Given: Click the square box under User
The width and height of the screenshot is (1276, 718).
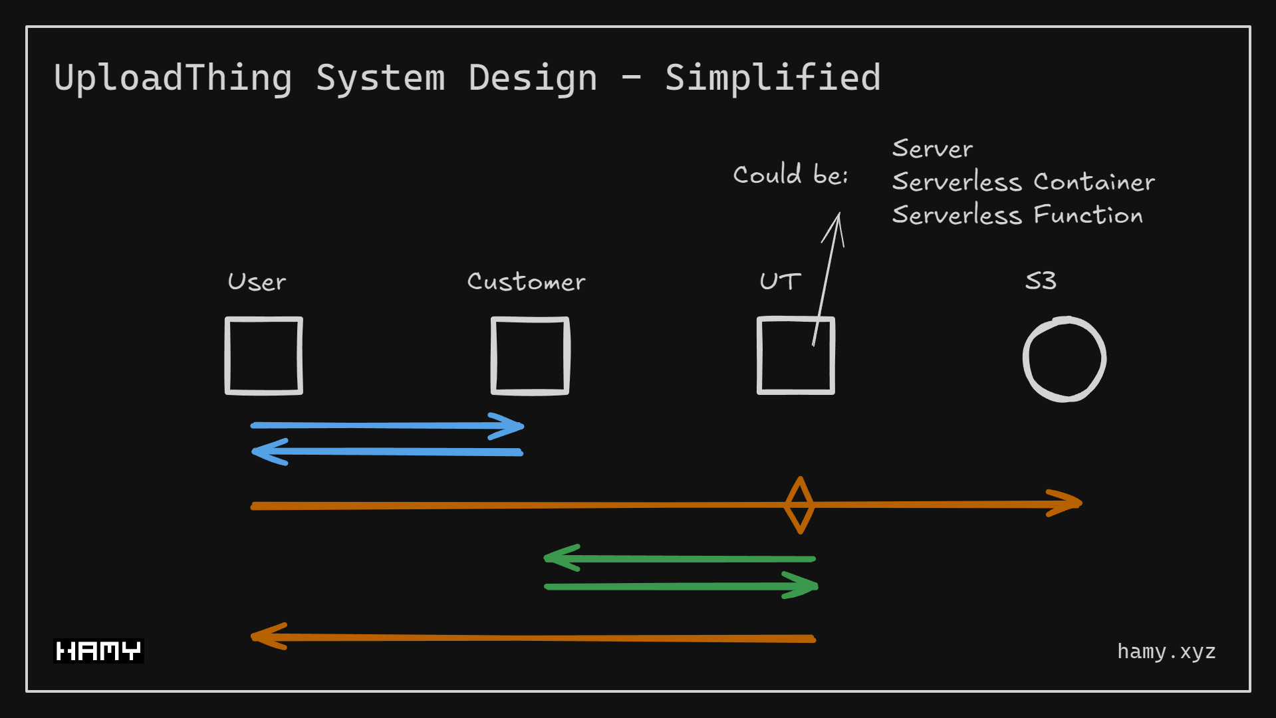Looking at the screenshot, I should click(x=264, y=356).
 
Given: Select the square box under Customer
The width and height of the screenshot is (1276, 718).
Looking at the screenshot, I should click(x=530, y=356).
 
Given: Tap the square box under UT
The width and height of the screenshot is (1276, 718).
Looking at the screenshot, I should click(x=796, y=356).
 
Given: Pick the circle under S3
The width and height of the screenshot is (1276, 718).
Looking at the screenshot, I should click(x=1064, y=359).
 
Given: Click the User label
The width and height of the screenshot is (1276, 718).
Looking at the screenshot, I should click(x=257, y=282).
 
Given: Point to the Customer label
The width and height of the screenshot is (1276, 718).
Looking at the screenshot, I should click(x=526, y=282).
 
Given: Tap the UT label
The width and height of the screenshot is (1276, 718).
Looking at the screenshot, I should click(x=780, y=281).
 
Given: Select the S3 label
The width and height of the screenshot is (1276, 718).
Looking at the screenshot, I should click(x=1041, y=281).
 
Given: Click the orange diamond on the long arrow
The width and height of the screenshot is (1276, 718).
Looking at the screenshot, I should click(x=799, y=505).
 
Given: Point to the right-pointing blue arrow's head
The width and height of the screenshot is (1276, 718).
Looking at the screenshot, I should click(x=512, y=426).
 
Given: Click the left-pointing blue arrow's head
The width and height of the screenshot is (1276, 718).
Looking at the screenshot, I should click(x=265, y=452).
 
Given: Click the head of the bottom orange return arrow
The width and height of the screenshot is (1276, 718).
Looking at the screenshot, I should click(x=265, y=636).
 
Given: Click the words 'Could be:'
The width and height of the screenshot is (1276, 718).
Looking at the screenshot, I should click(x=790, y=175).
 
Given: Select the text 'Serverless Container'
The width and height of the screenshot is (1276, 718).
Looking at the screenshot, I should click(x=1023, y=182).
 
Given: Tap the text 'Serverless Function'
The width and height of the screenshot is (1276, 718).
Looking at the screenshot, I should click(x=1017, y=215).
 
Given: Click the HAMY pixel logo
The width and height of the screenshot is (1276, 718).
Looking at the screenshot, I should click(x=98, y=651).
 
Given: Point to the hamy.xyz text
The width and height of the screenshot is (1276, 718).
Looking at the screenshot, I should click(x=1166, y=652).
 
